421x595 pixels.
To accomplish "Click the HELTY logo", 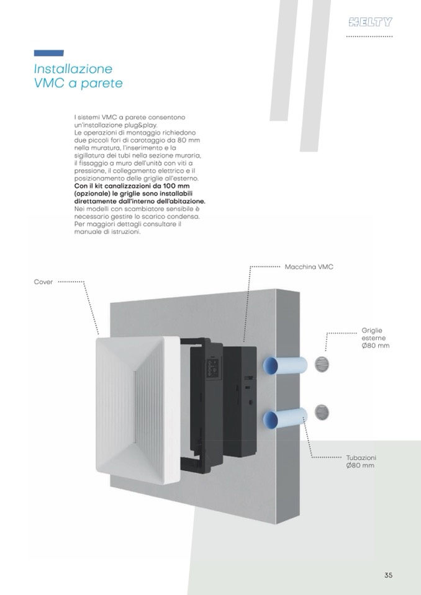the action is (370, 22).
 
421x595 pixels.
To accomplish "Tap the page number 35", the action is (388, 575).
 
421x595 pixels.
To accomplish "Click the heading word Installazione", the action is (73, 69).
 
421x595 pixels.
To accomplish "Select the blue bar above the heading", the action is (48, 53).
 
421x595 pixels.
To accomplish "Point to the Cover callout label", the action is (43, 282).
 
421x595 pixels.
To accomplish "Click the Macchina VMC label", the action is (309, 267).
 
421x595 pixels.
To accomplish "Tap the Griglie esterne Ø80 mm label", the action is (376, 338).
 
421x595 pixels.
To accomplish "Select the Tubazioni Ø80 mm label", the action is (361, 462).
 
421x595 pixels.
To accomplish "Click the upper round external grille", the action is (322, 364).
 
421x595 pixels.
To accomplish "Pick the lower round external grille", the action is (322, 413).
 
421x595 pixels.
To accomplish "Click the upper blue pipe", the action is (285, 365).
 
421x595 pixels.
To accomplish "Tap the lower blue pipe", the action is (285, 418).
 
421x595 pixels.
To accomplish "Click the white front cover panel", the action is (138, 410).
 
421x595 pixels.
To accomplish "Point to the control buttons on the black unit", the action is (212, 367).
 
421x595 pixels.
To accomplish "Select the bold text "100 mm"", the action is (176, 186).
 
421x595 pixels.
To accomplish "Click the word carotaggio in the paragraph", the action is (152, 140).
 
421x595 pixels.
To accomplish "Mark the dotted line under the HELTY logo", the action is (369, 37).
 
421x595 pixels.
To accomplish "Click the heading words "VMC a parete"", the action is (78, 83).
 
